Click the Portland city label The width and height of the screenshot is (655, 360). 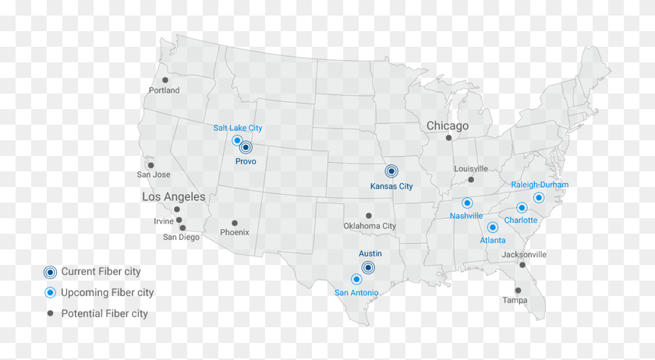tap(165, 90)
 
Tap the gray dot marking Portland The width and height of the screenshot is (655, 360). tap(165, 79)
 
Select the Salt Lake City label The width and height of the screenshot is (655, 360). tap(238, 128)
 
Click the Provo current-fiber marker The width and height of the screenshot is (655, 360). tap(246, 147)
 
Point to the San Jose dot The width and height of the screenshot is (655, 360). tap(150, 165)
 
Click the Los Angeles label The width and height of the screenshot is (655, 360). tap(174, 197)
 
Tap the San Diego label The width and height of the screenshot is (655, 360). tap(181, 237)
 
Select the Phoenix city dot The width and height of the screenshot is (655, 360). tap(235, 223)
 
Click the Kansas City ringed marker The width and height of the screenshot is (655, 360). tap(391, 171)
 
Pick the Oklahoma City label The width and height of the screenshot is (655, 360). tap(370, 226)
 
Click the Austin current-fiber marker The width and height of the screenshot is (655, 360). tap(369, 267)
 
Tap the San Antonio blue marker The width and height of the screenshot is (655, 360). tap(356, 279)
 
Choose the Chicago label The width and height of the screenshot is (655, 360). tap(448, 125)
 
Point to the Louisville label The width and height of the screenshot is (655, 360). tap(471, 168)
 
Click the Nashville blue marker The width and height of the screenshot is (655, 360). tap(467, 203)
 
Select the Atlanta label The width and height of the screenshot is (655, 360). tap(493, 240)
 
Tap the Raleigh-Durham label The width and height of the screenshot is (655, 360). tap(540, 185)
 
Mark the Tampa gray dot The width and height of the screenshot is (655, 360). tap(518, 290)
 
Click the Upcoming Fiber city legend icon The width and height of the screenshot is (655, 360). tap(50, 292)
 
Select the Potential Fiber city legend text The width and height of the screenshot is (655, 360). tap(104, 313)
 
